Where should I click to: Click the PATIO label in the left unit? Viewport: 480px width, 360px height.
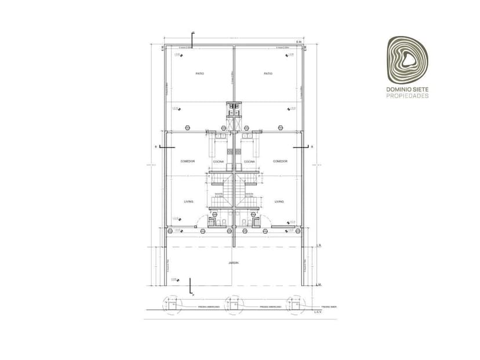click(x=199, y=74)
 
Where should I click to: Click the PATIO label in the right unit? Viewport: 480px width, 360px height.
click(x=268, y=74)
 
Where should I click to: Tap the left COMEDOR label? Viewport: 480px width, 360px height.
click(x=187, y=161)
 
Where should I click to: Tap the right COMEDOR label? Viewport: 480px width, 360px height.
click(x=280, y=161)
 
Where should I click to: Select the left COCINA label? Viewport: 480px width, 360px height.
click(x=219, y=162)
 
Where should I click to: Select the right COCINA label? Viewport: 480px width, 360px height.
click(x=249, y=162)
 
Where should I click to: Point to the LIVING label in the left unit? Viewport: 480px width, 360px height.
click(x=188, y=202)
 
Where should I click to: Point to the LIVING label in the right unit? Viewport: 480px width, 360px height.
click(x=279, y=202)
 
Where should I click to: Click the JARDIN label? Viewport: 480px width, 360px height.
click(x=234, y=263)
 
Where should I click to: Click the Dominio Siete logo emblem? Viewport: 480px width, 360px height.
click(x=408, y=60)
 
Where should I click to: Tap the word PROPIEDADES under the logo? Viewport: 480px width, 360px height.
click(x=408, y=96)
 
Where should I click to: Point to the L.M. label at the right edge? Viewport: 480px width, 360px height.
click(x=319, y=285)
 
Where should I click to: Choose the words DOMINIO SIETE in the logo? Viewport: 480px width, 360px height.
click(x=408, y=89)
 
